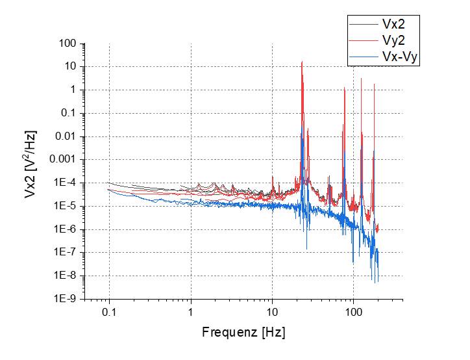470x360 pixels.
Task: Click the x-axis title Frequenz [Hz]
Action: tap(243, 333)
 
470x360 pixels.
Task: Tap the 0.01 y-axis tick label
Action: tap(66, 136)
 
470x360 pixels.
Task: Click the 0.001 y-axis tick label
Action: tap(64, 160)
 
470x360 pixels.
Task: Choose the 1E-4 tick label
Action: tap(66, 183)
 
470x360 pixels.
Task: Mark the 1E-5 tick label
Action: tap(66, 206)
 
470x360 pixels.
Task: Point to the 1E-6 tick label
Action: tap(66, 229)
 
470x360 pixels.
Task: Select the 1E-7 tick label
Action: tap(66, 253)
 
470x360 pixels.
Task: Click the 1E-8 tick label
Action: tap(66, 276)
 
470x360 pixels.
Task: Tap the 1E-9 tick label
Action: tap(66, 299)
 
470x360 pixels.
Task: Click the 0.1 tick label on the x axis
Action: tap(109, 311)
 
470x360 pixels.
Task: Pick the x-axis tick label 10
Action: tap(273, 311)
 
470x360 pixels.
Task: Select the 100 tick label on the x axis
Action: tap(354, 311)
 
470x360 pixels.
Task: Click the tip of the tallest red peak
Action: tap(302, 62)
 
